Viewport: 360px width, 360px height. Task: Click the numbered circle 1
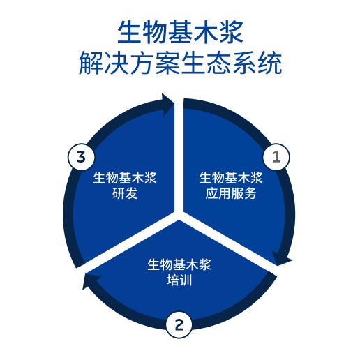[x=276, y=157]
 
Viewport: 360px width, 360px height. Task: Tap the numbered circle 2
[x=179, y=324]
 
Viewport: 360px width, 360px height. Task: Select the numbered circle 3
[x=81, y=157]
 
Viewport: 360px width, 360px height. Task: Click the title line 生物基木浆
[x=180, y=32]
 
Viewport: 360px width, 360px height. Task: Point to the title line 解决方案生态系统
[x=180, y=63]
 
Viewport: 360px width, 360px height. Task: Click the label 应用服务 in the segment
[x=231, y=193]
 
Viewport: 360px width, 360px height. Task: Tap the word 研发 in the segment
[x=125, y=193]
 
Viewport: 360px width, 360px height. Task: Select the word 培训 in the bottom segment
[x=179, y=280]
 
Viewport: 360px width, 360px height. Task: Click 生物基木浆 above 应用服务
[x=231, y=178]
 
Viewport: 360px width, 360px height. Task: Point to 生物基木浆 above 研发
[x=125, y=178]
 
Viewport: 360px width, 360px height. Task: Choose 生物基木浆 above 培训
[x=179, y=264]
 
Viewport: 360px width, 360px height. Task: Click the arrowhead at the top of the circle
[x=168, y=104]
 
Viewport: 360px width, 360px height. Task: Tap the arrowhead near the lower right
[x=281, y=259]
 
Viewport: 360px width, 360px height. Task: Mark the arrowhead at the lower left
[x=89, y=280]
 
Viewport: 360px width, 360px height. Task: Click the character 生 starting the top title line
[x=129, y=32]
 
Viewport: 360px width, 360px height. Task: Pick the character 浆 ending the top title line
[x=232, y=32]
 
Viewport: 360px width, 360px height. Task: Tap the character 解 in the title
[x=91, y=63]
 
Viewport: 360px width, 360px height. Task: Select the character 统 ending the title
[x=270, y=63]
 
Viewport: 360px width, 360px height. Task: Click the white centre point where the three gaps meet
[x=179, y=215]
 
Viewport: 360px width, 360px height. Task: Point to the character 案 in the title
[x=167, y=63]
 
